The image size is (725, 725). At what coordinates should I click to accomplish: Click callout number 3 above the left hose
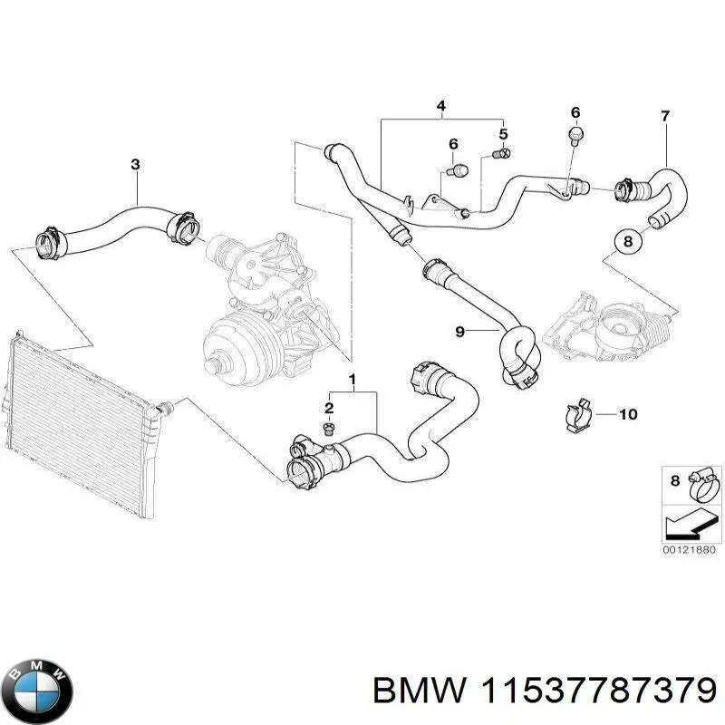pyautogui.click(x=135, y=164)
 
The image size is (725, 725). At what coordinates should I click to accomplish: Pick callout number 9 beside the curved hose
pyautogui.click(x=459, y=333)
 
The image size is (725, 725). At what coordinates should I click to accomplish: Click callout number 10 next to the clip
pyautogui.click(x=628, y=414)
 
